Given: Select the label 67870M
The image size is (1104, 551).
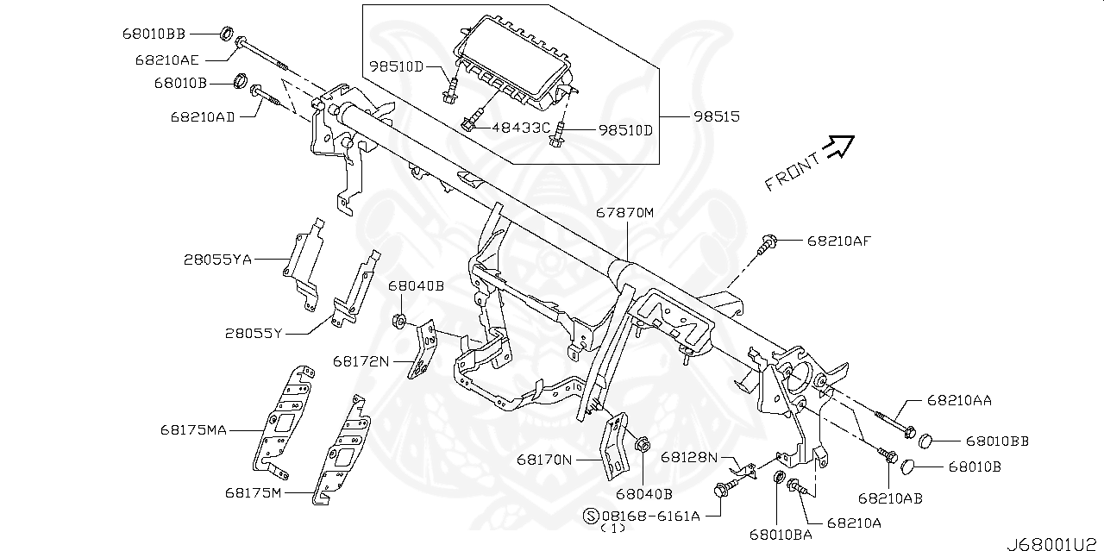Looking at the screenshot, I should click(625, 212).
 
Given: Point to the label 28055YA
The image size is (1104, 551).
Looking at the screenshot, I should click(217, 259).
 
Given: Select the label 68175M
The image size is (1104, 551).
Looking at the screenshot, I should click(254, 493).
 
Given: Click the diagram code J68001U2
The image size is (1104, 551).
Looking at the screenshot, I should click(1054, 542).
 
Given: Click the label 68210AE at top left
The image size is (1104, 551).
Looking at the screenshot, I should click(166, 60).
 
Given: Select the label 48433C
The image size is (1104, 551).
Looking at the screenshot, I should click(520, 128).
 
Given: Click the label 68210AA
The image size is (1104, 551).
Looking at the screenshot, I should click(959, 400).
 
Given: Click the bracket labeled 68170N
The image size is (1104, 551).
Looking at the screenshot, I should click(618, 444).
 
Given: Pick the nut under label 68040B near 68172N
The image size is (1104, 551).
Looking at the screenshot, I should click(400, 322).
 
